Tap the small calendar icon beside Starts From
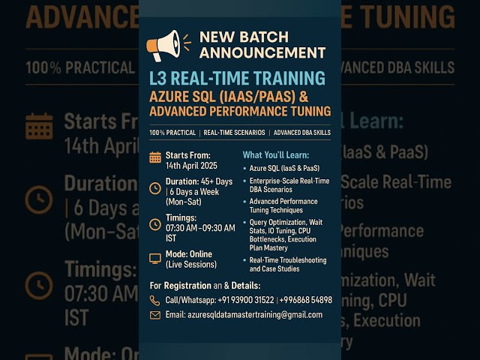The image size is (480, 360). [155, 157]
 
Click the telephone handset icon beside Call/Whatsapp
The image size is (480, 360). [155, 300]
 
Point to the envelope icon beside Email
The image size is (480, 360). [155, 315]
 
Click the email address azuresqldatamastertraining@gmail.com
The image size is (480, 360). [255, 315]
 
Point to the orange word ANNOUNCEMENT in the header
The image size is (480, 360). [262, 52]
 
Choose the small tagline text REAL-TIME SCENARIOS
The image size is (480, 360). [234, 133]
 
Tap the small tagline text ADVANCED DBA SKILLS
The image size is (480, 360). [301, 133]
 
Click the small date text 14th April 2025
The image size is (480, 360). [190, 165]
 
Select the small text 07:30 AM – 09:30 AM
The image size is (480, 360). [200, 227]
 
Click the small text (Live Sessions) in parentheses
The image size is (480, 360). [191, 264]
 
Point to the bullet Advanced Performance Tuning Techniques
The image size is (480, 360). [283, 206]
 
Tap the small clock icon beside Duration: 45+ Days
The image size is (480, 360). [155, 187]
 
